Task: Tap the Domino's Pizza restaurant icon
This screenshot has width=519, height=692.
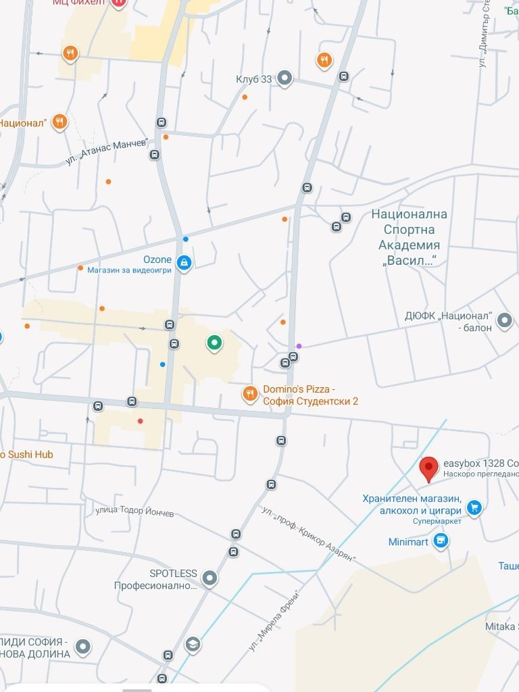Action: [250, 393]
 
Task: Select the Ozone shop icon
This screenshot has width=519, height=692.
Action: [183, 263]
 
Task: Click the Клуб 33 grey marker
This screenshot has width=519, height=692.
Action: [285, 79]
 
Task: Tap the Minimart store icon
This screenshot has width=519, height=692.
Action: [441, 541]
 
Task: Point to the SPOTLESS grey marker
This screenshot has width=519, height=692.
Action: [209, 578]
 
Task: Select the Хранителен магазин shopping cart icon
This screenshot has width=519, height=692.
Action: [474, 507]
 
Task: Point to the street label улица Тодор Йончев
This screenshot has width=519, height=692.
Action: [134, 512]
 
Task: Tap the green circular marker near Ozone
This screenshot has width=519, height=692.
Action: [214, 344]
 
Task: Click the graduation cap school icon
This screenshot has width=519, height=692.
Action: [193, 643]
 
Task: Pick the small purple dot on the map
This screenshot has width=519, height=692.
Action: [299, 346]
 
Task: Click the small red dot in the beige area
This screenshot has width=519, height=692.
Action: [141, 421]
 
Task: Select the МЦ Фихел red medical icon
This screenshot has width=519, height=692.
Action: [119, 3]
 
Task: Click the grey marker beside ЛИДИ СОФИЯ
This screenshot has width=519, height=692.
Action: [83, 648]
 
